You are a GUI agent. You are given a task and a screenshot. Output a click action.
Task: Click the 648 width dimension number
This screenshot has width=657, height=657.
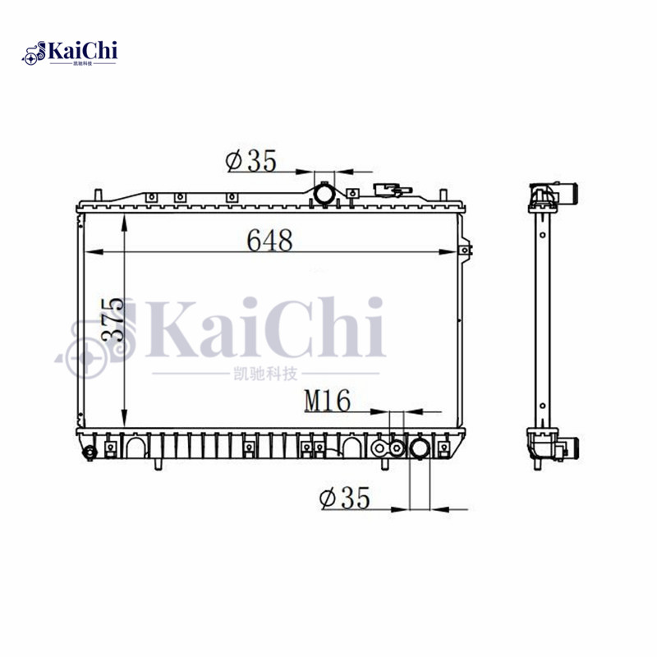[x=270, y=241]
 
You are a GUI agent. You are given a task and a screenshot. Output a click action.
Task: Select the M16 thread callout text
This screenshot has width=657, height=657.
[x=328, y=401]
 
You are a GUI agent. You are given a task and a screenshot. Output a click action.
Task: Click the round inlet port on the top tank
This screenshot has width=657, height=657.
[x=325, y=194]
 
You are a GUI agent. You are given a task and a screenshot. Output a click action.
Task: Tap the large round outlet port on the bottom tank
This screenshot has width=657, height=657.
[x=420, y=449]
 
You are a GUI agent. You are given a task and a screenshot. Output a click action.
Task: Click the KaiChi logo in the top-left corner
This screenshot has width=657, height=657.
[x=71, y=53]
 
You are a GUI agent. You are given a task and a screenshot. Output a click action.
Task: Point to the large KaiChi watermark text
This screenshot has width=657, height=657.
[x=263, y=328]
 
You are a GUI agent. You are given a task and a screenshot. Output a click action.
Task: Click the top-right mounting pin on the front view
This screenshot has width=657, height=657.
[x=444, y=195]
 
